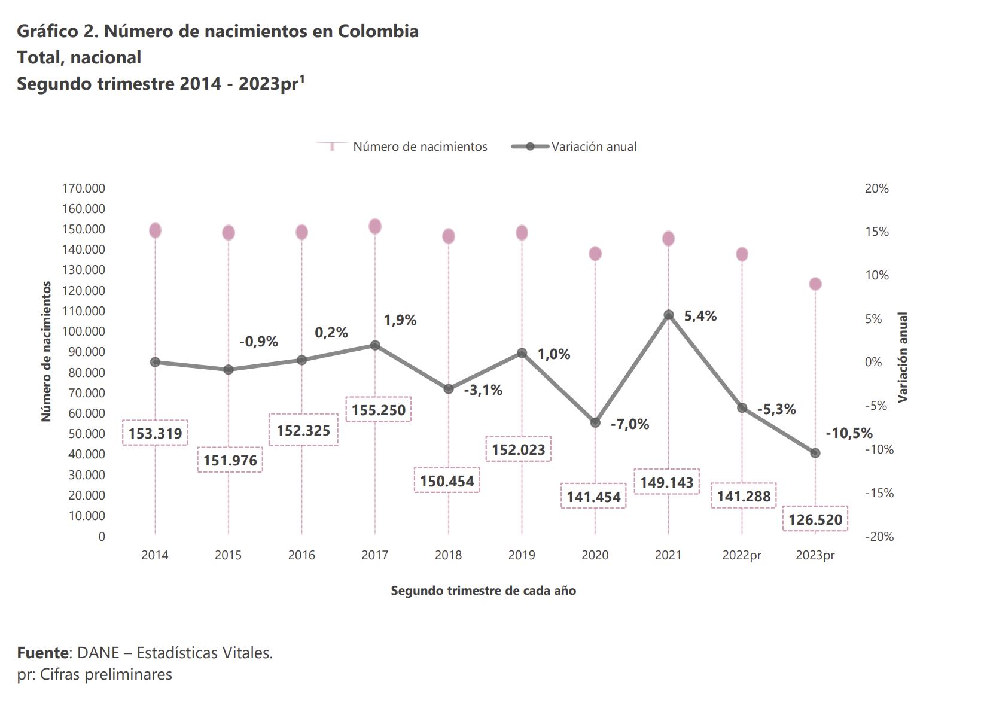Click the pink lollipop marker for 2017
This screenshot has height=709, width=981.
coord(375,226)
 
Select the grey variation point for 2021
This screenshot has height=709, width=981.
coord(669,315)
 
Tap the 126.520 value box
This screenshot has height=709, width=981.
coord(815,519)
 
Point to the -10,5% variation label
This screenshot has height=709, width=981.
coord(849,433)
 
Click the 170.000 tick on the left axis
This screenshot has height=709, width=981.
coord(83,188)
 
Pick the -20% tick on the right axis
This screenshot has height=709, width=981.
coord(879,537)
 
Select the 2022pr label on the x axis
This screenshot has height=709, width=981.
coord(742,555)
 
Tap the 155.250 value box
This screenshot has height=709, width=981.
coord(378,410)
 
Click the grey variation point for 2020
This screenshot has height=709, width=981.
coord(595,422)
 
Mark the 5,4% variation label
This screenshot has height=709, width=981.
coord(700,316)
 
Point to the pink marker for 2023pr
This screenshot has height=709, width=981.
coord(815,284)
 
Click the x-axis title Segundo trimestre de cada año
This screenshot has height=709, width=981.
coord(483,591)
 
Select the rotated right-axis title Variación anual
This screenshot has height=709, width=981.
coord(903,357)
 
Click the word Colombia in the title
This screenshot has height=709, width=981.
coord(378,31)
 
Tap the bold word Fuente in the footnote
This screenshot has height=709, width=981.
coord(42,653)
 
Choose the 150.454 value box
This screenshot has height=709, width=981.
coord(447,480)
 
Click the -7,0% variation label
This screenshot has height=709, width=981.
coord(629,424)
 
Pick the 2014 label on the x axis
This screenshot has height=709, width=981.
coord(155,555)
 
